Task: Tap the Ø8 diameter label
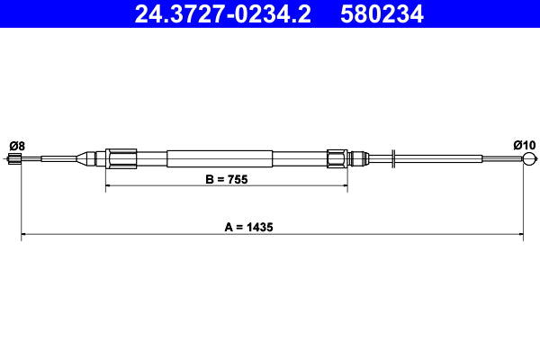pos(16,146)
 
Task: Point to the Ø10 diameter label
pos(524,146)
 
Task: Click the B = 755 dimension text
pos(226,179)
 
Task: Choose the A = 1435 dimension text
pos(247,228)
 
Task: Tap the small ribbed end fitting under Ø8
pos(13,160)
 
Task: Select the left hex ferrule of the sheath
pos(120,159)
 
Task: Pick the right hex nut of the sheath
pos(337,159)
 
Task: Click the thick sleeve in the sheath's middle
pos(220,159)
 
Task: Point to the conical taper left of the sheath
pos(88,159)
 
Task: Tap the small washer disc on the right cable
pos(394,159)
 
